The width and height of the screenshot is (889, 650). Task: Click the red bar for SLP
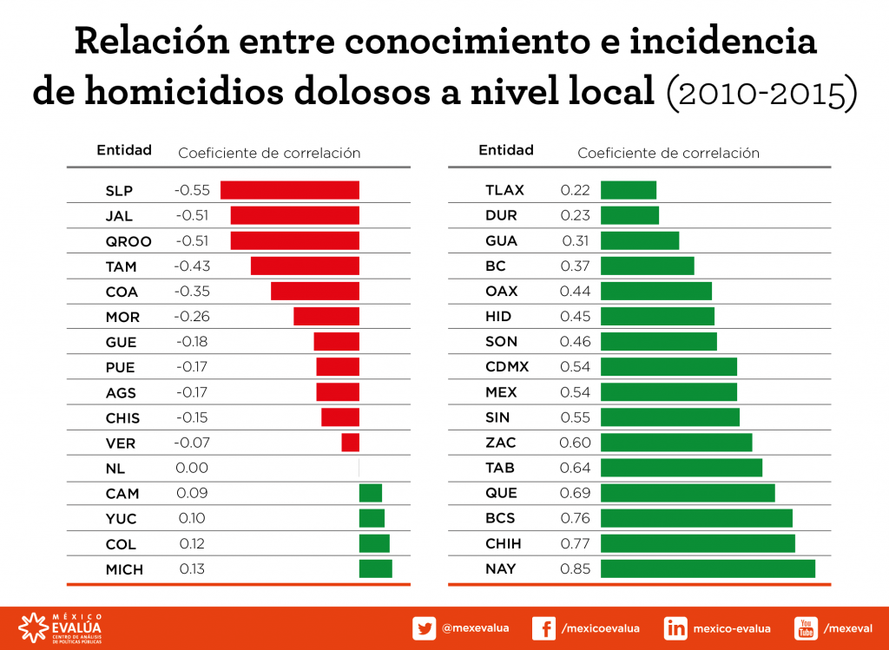(x=289, y=190)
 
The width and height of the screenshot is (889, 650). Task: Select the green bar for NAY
(x=708, y=569)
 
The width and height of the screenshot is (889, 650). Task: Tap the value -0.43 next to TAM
(x=192, y=266)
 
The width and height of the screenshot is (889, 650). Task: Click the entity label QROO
(x=128, y=241)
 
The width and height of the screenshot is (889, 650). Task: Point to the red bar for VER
(x=350, y=443)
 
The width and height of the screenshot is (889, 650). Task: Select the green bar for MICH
(x=375, y=569)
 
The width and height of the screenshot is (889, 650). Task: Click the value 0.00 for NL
(x=192, y=468)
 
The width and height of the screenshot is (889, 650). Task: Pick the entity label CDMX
(x=507, y=367)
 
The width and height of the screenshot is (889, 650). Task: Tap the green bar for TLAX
(x=628, y=190)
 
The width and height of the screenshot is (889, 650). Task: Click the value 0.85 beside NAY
(x=576, y=569)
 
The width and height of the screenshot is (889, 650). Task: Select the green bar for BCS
(x=696, y=518)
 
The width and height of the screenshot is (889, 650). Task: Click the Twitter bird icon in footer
(x=425, y=628)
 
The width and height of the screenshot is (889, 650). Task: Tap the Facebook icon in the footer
(x=543, y=628)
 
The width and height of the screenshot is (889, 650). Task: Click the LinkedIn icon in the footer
(x=675, y=628)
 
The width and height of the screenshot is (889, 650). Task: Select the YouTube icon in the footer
(x=806, y=628)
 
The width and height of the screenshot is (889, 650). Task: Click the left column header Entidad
(x=124, y=150)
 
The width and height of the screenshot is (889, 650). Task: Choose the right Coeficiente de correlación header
(x=668, y=153)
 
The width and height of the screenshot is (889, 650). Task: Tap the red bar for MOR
(x=326, y=316)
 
